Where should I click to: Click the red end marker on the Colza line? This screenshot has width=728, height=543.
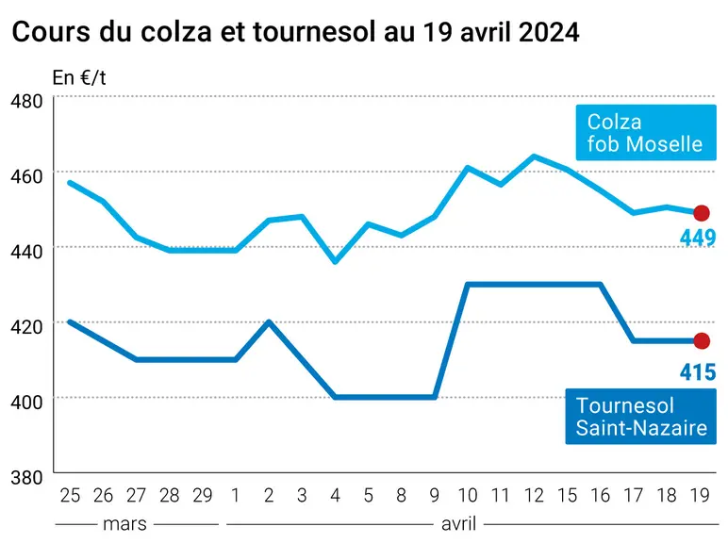[x=701, y=213]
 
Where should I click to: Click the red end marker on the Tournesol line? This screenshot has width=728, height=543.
[x=701, y=341]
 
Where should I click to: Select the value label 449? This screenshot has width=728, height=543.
[x=698, y=239]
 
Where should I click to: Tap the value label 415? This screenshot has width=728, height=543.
[x=698, y=372]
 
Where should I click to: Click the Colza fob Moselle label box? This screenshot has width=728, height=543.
[x=646, y=133]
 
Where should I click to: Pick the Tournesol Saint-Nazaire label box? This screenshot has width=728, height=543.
[x=640, y=417]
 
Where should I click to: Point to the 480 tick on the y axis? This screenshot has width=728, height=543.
[x=26, y=101]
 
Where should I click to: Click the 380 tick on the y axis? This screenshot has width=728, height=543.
[x=26, y=478]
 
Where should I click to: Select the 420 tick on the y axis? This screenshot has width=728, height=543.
[x=26, y=327]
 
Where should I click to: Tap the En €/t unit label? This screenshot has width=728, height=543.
[x=79, y=78]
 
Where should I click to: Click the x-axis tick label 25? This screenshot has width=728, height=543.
[x=70, y=496]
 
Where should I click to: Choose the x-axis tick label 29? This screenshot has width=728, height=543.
[x=203, y=496]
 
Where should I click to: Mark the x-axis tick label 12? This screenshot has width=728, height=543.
[x=534, y=496]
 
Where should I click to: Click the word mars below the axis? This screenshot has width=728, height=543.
[x=124, y=524]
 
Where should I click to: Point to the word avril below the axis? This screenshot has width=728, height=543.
[x=458, y=524]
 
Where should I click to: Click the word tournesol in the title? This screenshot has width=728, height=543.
[x=314, y=32]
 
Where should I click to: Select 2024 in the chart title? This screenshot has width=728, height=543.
[x=549, y=32]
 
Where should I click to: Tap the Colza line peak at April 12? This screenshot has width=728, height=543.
[x=534, y=156]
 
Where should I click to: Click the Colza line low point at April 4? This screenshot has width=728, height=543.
[x=335, y=262]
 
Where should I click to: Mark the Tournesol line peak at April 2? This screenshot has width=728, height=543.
[x=269, y=321]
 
